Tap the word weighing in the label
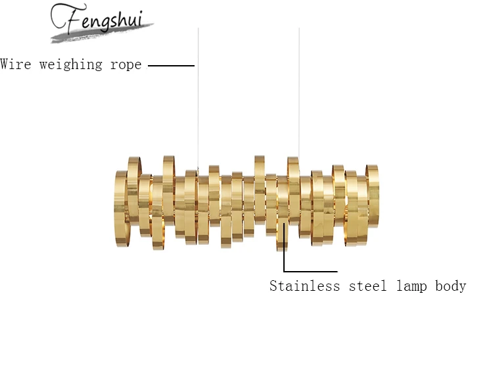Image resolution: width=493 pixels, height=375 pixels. [68, 64]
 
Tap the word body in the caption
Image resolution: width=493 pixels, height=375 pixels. [450, 286]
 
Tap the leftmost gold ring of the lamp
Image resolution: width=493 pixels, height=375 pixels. [121, 204]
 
